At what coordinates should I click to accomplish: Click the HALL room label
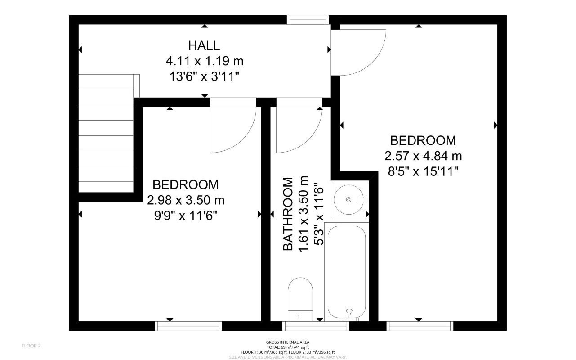point(204,46)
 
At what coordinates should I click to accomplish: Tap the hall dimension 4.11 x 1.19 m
point(205,61)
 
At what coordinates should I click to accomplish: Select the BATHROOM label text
point(288,214)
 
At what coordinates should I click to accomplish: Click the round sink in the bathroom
point(349,200)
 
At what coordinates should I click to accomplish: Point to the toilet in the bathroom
point(300,299)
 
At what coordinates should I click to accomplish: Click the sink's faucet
point(361,200)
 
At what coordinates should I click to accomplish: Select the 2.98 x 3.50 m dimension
point(186,200)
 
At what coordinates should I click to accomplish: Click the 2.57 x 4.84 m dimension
point(423,156)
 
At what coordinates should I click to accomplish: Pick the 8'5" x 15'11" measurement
point(423,171)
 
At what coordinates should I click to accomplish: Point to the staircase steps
point(106,133)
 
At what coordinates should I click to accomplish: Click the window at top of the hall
point(308,20)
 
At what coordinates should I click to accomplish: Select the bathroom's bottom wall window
point(316,326)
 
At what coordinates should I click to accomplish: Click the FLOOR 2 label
point(31,346)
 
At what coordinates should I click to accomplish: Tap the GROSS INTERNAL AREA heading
point(288,342)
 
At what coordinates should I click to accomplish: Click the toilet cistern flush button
point(300,316)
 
